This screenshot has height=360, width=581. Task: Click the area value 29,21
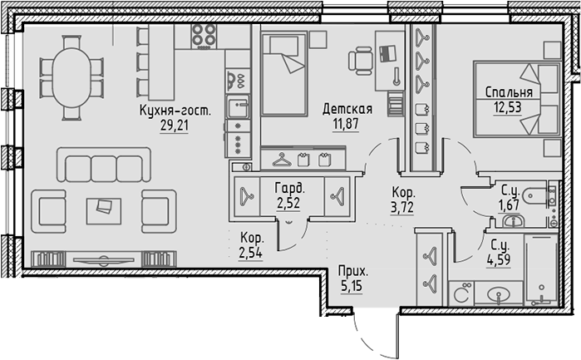[175, 126]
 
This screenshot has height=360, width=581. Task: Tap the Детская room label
[347, 109]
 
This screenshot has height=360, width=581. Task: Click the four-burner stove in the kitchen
[204, 34]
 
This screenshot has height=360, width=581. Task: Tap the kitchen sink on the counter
[237, 108]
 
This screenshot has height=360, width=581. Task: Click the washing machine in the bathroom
[461, 294]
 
